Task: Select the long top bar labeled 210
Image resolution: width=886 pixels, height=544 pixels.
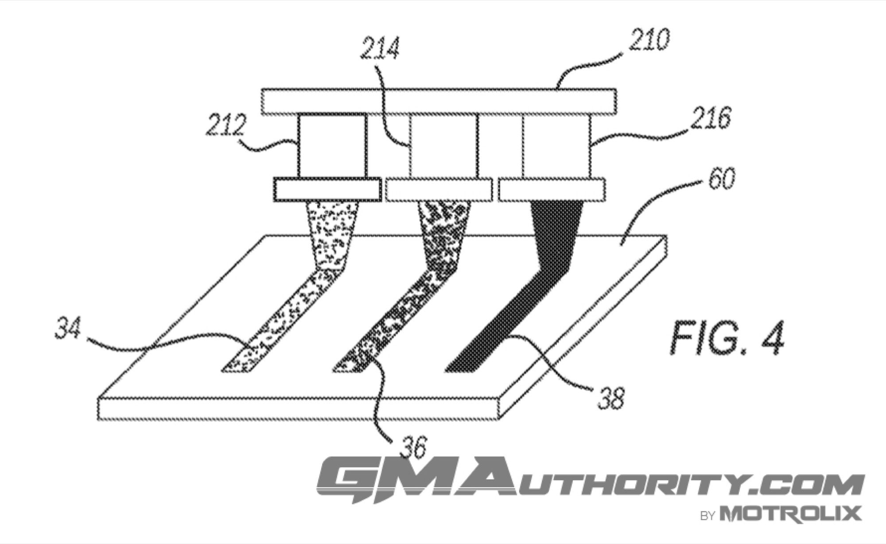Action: pyautogui.click(x=438, y=102)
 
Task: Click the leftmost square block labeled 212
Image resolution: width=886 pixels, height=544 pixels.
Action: pyautogui.click(x=333, y=146)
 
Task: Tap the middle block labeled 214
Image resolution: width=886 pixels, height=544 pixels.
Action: pyautogui.click(x=443, y=146)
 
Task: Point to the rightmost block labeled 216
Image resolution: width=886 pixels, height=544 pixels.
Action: pyautogui.click(x=556, y=146)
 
